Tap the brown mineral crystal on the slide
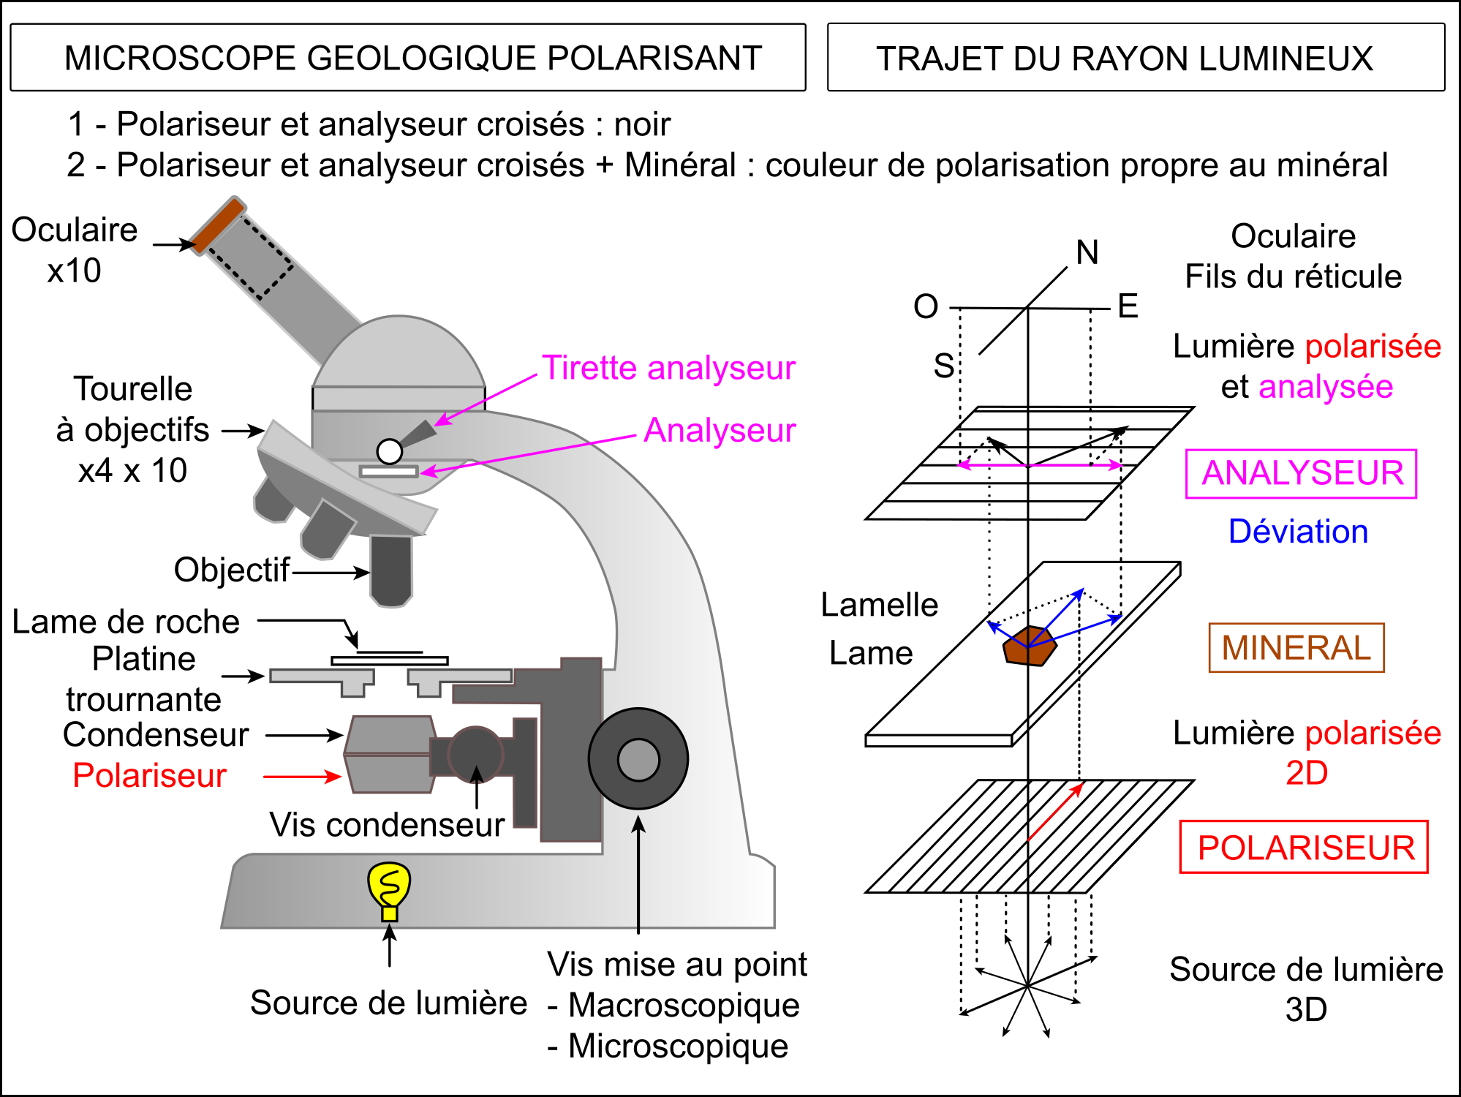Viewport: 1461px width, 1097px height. point(1029,646)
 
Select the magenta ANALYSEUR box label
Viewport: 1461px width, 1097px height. point(1302,474)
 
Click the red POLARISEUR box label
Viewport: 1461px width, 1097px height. point(1305,848)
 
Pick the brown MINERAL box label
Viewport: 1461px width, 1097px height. point(1296,648)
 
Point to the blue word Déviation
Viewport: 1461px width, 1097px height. point(1298,532)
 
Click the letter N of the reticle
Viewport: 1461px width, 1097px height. point(1087,253)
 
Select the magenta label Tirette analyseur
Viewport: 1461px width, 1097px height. point(668,368)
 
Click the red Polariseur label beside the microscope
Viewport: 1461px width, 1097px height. point(149,776)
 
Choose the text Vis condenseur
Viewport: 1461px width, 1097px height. point(386,825)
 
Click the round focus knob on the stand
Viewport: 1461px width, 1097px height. point(638,759)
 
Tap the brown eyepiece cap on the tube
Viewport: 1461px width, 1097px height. point(216,225)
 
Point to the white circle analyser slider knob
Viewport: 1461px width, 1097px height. point(389,451)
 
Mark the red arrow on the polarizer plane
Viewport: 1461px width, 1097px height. point(1055,812)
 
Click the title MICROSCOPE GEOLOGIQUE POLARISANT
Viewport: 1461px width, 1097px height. point(413,59)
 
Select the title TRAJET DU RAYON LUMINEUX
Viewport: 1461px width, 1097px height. point(1125,59)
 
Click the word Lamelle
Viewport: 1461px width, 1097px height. point(879,606)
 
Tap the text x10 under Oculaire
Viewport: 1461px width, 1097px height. point(74,271)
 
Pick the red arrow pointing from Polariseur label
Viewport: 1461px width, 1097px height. point(302,777)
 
